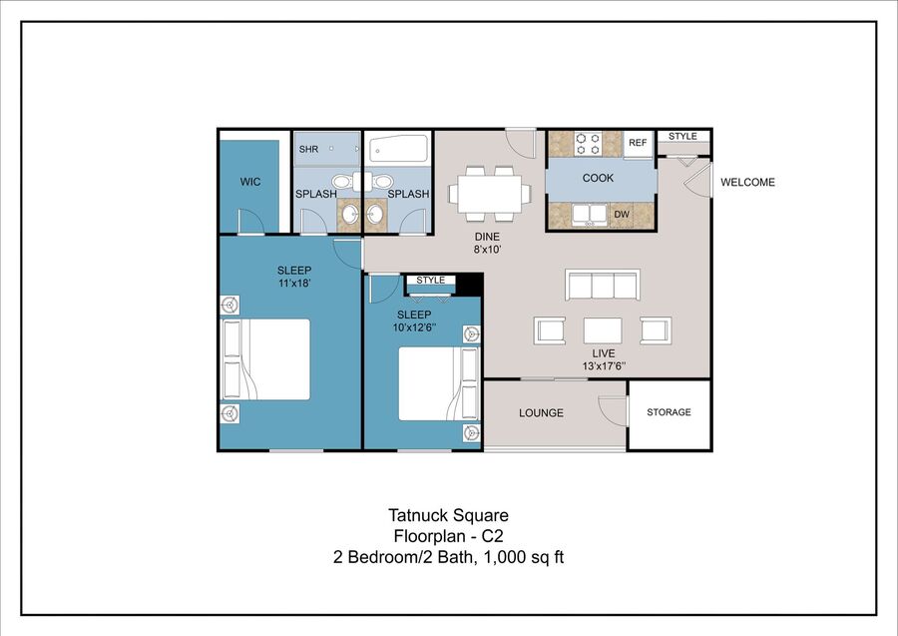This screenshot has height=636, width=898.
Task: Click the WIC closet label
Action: pyautogui.click(x=250, y=182)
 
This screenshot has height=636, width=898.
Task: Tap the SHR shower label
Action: pyautogui.click(x=308, y=149)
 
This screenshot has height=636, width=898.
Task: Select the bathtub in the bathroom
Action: pyautogui.click(x=399, y=149)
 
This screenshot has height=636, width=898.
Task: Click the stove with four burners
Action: pyautogui.click(x=588, y=143)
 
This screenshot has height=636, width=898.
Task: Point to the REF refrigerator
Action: pyautogui.click(x=638, y=143)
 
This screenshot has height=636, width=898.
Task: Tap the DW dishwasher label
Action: pyautogui.click(x=622, y=215)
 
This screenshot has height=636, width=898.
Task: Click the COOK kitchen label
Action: pyautogui.click(x=598, y=178)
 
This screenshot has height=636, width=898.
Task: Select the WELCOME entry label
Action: pyautogui.click(x=747, y=182)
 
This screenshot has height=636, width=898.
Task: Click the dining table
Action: pyautogui.click(x=490, y=194)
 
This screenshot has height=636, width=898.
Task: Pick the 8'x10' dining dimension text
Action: pyautogui.click(x=487, y=250)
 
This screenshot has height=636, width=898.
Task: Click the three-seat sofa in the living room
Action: pyautogui.click(x=603, y=285)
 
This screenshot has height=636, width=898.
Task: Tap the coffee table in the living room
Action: pyautogui.click(x=603, y=330)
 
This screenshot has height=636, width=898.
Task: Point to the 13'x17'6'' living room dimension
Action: pyautogui.click(x=604, y=366)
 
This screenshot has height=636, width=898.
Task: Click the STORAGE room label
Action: pyautogui.click(x=669, y=412)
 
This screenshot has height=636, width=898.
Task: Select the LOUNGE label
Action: pyautogui.click(x=541, y=413)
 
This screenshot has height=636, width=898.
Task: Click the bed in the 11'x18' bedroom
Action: pyautogui.click(x=265, y=359)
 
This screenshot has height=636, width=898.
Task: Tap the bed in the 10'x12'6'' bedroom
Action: pyautogui.click(x=439, y=383)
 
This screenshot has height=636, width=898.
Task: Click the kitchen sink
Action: pyautogui.click(x=590, y=215)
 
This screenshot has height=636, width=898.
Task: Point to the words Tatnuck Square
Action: pyautogui.click(x=448, y=515)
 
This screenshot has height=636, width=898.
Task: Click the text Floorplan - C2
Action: pyautogui.click(x=448, y=536)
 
